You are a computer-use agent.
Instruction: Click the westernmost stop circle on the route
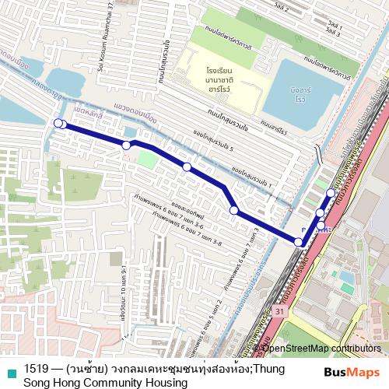(x=57, y=123)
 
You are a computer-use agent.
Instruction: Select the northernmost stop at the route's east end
(x=331, y=192)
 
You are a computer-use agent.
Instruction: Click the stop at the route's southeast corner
(x=299, y=243)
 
